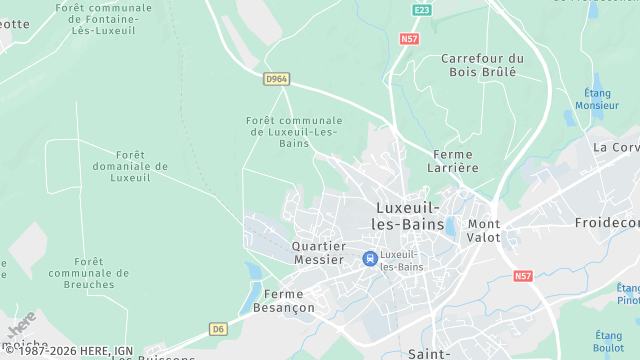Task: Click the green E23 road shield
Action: point(421,9)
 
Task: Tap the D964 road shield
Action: point(276,78)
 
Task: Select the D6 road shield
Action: point(218,327)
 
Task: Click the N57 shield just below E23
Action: point(408,38)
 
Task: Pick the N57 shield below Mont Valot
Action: point(523,275)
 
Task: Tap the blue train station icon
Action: point(370,259)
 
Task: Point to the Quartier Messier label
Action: point(319,252)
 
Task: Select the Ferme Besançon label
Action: point(290,301)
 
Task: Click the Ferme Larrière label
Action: point(455,161)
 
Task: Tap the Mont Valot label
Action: point(484,230)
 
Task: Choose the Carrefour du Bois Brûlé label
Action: point(482,65)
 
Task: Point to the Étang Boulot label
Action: point(608,341)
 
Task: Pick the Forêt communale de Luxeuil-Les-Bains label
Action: point(294,132)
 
